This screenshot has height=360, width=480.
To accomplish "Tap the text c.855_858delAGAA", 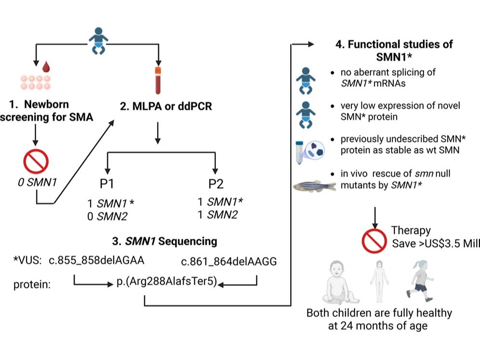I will [x=96, y=261].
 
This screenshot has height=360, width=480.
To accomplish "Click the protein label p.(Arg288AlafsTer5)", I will [x=167, y=284].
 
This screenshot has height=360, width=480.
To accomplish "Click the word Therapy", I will [x=411, y=230].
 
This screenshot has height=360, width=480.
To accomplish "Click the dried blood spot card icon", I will [x=34, y=82].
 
